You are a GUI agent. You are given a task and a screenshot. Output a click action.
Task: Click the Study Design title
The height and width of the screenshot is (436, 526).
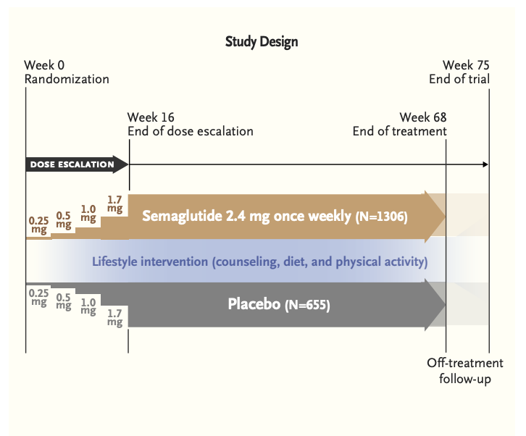pyautogui.click(x=262, y=42)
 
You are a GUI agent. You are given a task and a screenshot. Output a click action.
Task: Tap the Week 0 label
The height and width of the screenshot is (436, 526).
pyautogui.click(x=44, y=65)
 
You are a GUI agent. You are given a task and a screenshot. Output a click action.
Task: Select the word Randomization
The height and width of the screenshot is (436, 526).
pyautogui.click(x=67, y=79)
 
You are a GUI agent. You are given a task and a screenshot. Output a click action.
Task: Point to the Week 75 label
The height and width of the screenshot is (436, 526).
pyautogui.click(x=466, y=65)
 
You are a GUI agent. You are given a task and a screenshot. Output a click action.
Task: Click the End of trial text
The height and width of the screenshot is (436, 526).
pyautogui.click(x=459, y=79)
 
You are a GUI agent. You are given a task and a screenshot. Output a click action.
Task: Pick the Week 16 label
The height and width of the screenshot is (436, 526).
pyautogui.click(x=151, y=117)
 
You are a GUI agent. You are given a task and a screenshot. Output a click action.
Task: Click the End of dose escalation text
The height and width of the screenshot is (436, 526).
pyautogui.click(x=191, y=131)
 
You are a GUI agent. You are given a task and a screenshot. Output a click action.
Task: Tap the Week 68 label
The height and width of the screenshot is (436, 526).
pyautogui.click(x=423, y=117)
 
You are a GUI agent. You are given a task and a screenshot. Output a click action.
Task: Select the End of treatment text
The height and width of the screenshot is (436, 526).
pyautogui.click(x=399, y=131)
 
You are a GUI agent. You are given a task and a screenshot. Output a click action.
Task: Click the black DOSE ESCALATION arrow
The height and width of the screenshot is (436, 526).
pyautogui.click(x=77, y=164)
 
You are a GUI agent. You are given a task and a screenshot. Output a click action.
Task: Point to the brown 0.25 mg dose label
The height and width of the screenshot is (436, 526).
pyautogui.click(x=38, y=225)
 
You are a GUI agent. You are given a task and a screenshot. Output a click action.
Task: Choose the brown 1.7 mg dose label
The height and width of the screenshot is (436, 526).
pyautogui.click(x=114, y=204)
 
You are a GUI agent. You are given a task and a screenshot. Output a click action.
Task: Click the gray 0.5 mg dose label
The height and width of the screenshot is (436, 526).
pyautogui.click(x=64, y=301)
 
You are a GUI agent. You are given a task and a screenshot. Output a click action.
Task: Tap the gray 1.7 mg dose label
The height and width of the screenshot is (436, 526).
pyautogui.click(x=114, y=318)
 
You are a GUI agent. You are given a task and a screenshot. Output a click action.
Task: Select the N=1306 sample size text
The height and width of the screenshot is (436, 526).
pyautogui.click(x=382, y=217)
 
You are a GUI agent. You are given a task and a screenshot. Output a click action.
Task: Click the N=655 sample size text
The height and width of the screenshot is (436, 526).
pyautogui.click(x=307, y=305)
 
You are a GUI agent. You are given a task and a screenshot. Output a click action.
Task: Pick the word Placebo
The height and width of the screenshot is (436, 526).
pyautogui.click(x=254, y=304)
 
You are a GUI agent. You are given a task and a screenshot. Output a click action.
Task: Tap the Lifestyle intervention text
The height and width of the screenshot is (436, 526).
pyautogui.click(x=150, y=261)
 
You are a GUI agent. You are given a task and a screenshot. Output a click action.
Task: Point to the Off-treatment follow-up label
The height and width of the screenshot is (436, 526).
pyautogui.click(x=465, y=371)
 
